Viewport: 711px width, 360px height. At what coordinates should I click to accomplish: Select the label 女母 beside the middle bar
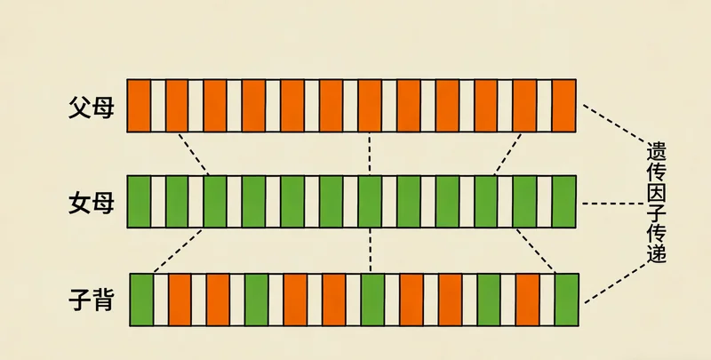pyautogui.click(x=92, y=203)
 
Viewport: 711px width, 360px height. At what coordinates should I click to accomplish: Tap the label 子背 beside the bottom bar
pyautogui.click(x=92, y=299)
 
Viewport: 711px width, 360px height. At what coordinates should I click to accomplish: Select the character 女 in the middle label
pyautogui.click(x=80, y=203)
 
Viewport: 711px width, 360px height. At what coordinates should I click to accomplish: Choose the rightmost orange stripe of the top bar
pyautogui.click(x=564, y=106)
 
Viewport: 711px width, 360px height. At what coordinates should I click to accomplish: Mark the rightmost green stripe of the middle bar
pyautogui.click(x=564, y=203)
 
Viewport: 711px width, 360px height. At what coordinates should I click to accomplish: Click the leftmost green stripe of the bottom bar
pyautogui.click(x=142, y=300)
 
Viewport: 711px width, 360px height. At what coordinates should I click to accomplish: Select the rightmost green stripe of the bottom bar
pyautogui.click(x=566, y=300)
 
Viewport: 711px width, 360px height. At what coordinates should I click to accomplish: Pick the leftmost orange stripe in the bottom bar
pyautogui.click(x=180, y=300)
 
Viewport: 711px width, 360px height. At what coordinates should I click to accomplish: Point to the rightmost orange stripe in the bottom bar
pyautogui.click(x=528, y=300)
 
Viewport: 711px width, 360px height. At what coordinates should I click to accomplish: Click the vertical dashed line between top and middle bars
pyautogui.click(x=369, y=154)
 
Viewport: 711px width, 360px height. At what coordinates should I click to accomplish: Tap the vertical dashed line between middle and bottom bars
pyautogui.click(x=369, y=251)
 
